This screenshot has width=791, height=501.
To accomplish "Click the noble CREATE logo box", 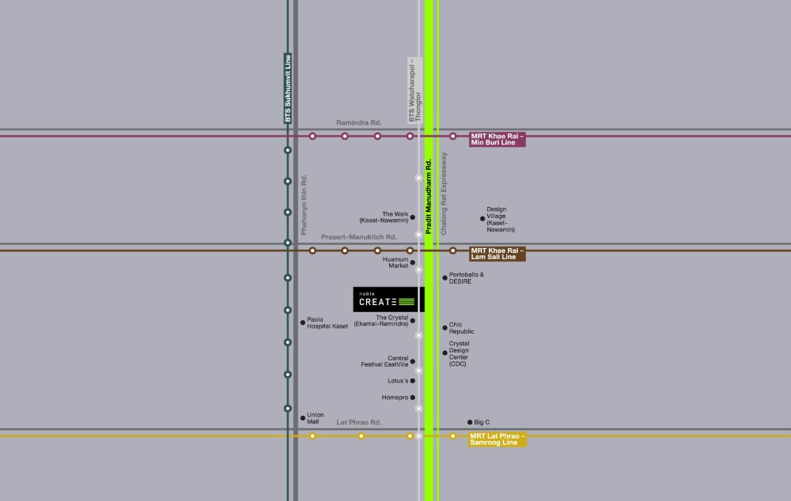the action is (388, 299).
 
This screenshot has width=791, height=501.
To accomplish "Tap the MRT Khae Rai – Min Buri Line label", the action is (498, 140).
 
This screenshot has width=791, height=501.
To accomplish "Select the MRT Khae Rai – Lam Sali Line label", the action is (498, 254).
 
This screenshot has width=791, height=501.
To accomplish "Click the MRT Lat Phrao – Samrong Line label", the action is (498, 439).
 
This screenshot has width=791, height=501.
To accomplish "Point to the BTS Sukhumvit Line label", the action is (288, 89).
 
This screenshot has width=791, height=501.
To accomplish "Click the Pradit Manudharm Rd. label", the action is (428, 197).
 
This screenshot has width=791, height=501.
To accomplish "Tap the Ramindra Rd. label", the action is (358, 122).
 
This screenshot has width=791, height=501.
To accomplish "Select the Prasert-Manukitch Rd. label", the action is (358, 237).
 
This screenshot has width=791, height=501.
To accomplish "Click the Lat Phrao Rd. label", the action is (358, 422).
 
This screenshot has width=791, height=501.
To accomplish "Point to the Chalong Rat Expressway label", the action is (444, 194).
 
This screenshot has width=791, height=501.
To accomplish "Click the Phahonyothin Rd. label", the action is (304, 205).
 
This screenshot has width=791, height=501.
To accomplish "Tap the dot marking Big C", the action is (470, 422).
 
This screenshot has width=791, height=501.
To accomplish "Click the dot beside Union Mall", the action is (303, 418).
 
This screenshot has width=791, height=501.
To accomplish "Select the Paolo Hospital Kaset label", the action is (327, 323).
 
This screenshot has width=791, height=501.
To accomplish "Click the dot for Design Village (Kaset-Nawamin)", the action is (483, 219).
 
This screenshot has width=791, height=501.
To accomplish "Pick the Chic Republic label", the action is (461, 328).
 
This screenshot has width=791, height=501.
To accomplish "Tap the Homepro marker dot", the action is (413, 397).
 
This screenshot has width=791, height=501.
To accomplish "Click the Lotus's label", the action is (398, 381).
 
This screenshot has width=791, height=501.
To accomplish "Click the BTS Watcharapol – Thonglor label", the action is (414, 90).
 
